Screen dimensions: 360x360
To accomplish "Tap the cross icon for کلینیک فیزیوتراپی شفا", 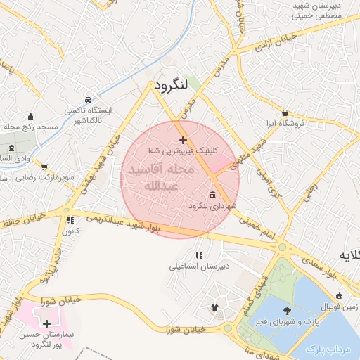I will [184, 141].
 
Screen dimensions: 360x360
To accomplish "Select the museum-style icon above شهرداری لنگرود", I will [212, 195].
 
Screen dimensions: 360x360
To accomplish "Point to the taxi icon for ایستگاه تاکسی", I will [87, 101].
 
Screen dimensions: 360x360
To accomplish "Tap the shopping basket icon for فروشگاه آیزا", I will [285, 112].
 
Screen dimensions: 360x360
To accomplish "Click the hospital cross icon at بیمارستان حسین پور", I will [46, 324].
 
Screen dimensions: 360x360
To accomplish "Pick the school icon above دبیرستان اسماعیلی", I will [199, 255].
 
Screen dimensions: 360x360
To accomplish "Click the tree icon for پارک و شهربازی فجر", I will [287, 310].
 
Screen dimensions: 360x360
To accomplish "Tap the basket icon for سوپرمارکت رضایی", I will [45, 168].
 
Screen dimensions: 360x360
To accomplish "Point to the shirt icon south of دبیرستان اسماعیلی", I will [215, 307].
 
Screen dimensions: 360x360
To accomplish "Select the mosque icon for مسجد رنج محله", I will [30, 117].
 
